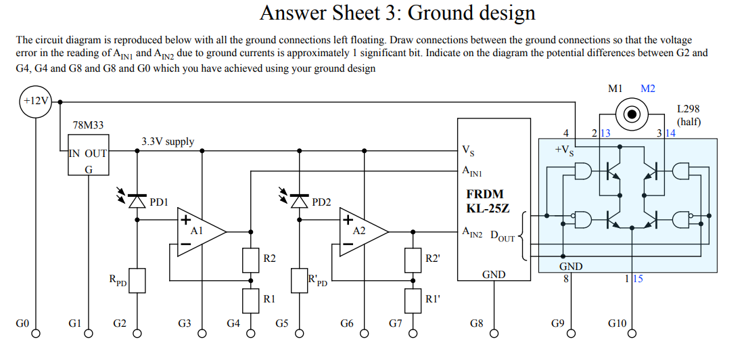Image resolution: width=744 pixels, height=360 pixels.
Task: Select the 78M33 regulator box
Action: pos(88,156)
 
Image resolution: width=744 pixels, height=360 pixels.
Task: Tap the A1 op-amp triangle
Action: pos(200,231)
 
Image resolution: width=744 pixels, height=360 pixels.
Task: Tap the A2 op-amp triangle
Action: pos(363,231)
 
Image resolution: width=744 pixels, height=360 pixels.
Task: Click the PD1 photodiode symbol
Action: pos(138,201)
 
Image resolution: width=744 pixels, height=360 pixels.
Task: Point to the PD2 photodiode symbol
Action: pos(300,201)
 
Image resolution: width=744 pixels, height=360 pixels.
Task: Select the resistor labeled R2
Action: pos(251,259)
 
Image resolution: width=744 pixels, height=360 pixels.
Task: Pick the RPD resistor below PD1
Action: pos(138,280)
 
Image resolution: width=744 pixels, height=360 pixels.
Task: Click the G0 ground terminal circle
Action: pos(38,333)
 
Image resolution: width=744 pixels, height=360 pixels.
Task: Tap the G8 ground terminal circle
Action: pos(494,333)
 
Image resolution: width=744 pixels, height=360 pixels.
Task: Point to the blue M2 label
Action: pos(647,89)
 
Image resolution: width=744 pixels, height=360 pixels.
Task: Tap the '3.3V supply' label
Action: pos(167,142)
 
